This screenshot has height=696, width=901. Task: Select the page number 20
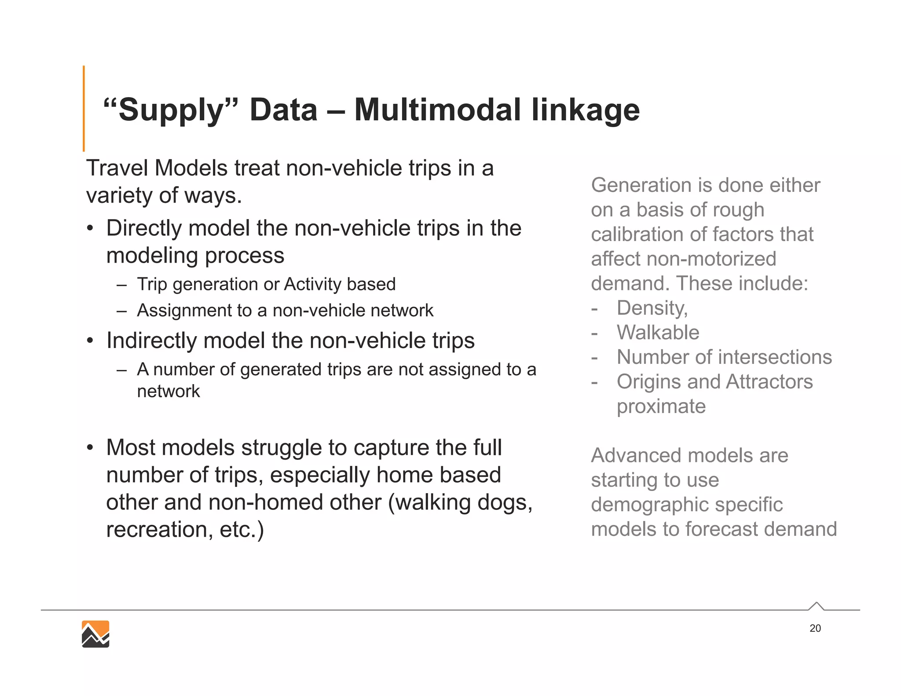(815, 628)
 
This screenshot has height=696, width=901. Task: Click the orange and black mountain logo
(95, 634)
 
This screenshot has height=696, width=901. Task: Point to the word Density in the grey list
(652, 308)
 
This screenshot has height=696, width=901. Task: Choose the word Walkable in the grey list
(658, 333)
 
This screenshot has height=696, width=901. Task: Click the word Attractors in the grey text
(769, 381)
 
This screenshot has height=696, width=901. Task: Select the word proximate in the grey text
(661, 407)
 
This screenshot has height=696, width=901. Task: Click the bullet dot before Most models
(90, 448)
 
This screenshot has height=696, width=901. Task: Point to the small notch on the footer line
(816, 606)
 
